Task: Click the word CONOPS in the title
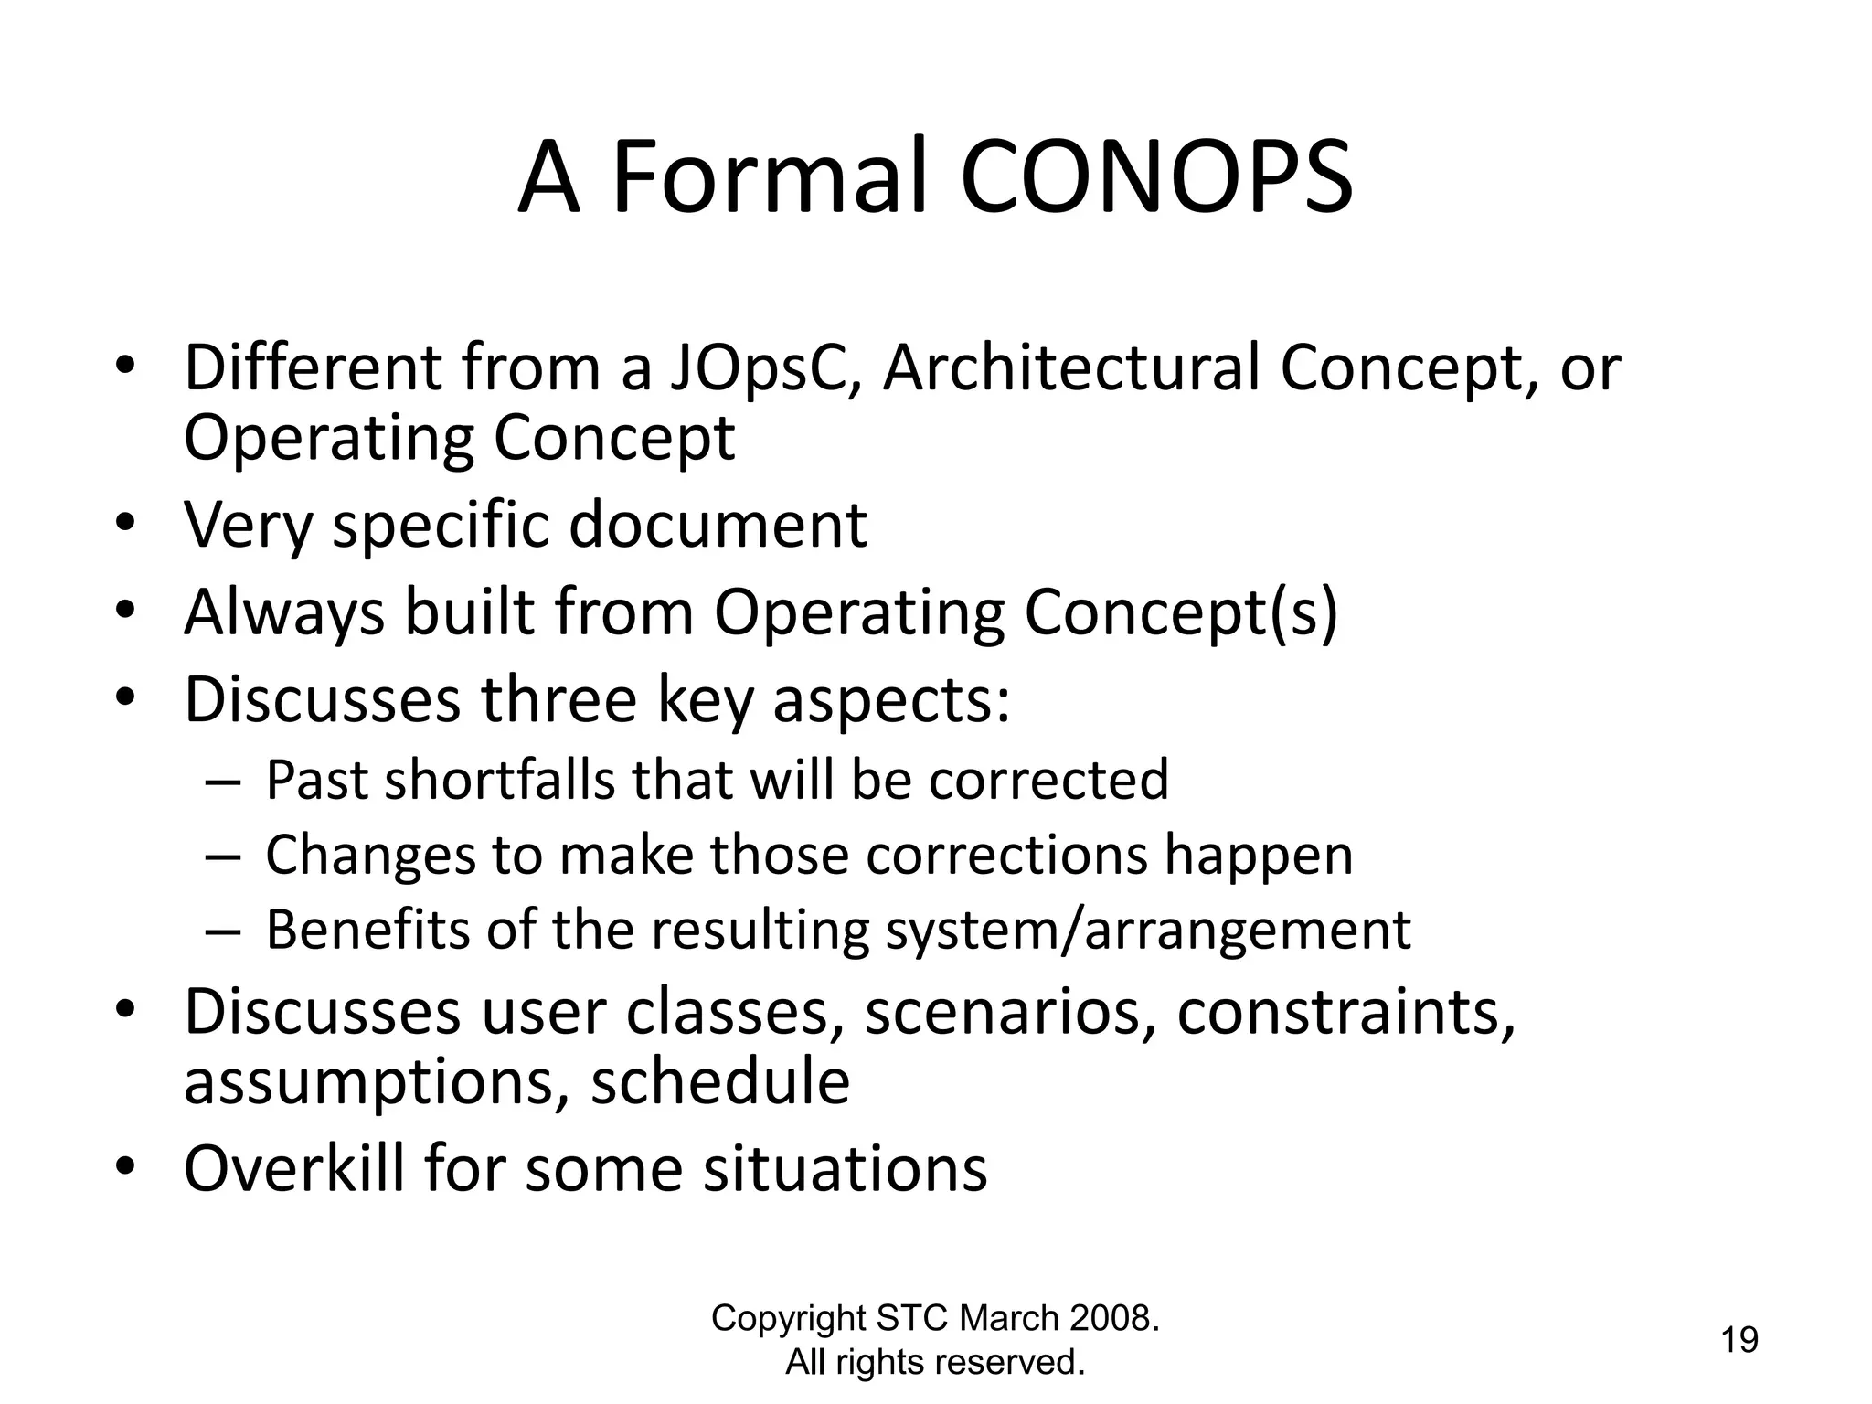click(x=1156, y=178)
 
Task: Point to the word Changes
click(x=370, y=856)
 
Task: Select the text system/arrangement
click(x=1148, y=931)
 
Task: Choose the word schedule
click(x=720, y=1082)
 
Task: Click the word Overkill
click(x=293, y=1168)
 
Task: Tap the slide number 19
click(x=1739, y=1341)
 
